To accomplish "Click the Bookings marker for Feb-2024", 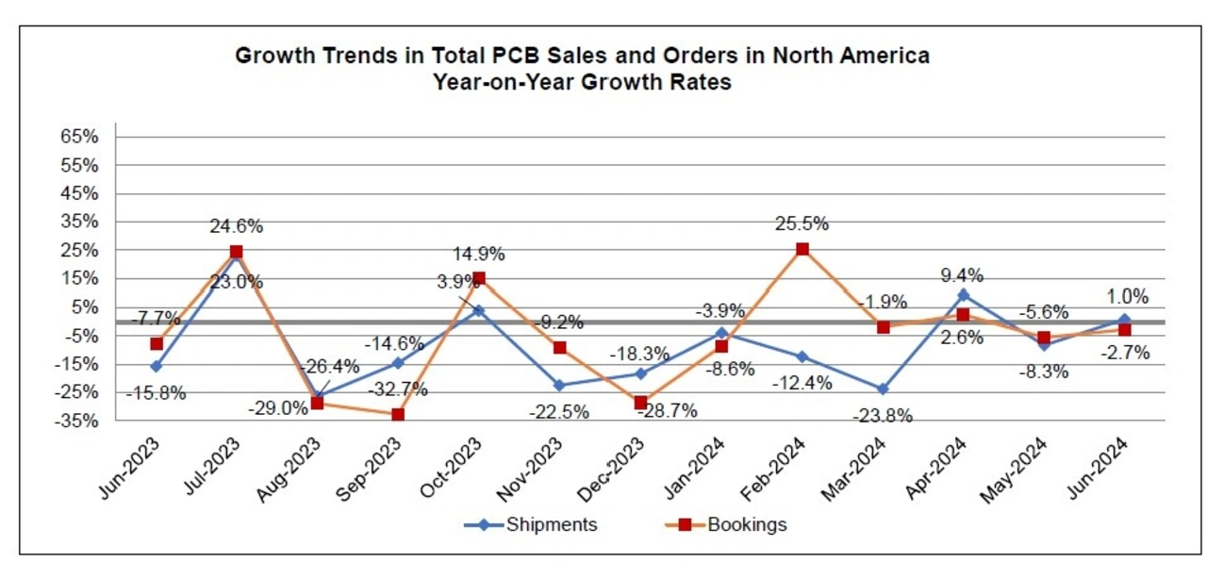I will point(802,249).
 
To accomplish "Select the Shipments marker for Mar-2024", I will point(883,389).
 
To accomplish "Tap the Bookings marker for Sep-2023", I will point(398,414).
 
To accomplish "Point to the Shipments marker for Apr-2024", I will point(964,295).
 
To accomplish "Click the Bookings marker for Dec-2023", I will point(640,403).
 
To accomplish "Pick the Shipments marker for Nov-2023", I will point(559,385).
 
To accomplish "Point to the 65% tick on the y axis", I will point(80,137).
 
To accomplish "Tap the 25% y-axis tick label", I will point(80,250).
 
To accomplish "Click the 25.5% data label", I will point(802,224).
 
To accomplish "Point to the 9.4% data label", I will point(963,275).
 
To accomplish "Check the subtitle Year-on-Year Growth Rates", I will point(582,81).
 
